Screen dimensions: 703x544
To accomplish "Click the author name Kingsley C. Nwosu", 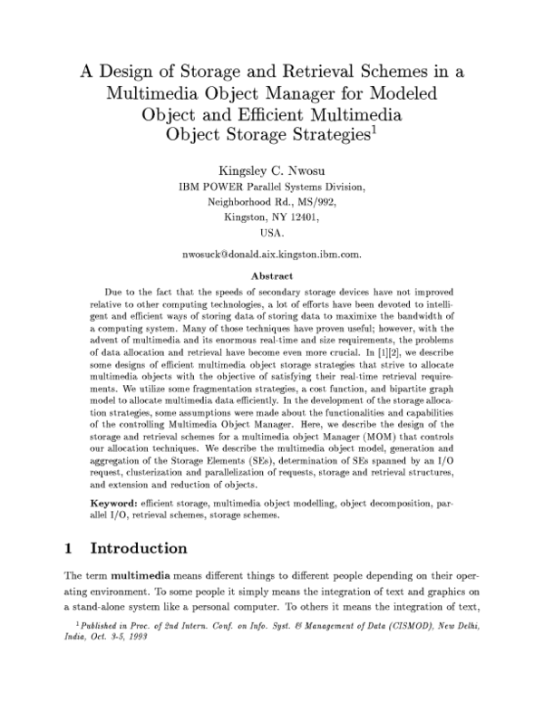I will pos(271,171).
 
